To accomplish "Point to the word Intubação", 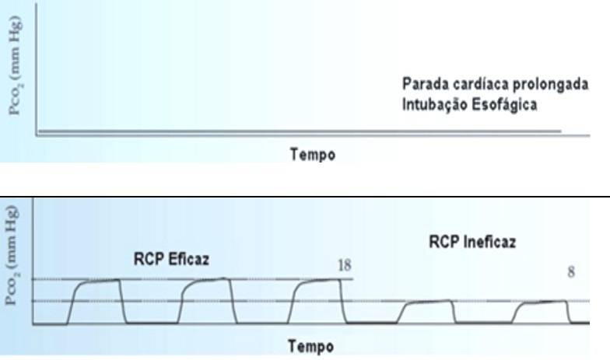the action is point(431,104).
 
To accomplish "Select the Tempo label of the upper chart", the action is point(313,155).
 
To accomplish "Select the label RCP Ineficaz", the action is point(472,243).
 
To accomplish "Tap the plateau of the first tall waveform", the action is point(100,283).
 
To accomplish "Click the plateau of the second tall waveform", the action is point(209,281).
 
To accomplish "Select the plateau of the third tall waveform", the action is point(319,282).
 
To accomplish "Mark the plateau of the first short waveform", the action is point(429,302).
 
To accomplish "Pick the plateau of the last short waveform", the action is point(545,303).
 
